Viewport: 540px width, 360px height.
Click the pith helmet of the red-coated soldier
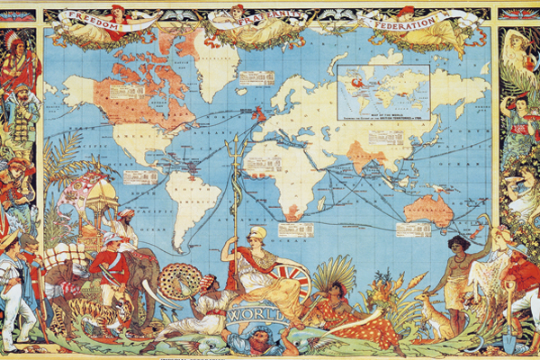(x=112, y=238)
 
